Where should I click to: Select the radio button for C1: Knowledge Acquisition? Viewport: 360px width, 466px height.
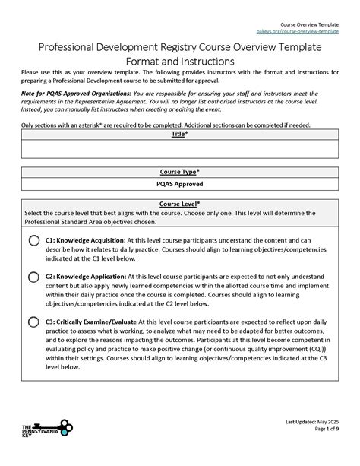pyautogui.click(x=34, y=241)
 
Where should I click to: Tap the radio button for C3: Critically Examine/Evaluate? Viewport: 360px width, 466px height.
pyautogui.click(x=34, y=322)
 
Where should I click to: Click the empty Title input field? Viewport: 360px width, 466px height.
pyautogui.click(x=180, y=149)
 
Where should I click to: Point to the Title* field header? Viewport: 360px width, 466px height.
pyautogui.click(x=180, y=134)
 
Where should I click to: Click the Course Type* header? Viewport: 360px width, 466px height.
pyautogui.click(x=180, y=172)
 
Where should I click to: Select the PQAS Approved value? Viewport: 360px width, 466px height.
pyautogui.click(x=180, y=184)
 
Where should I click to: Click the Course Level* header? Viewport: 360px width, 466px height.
pyautogui.click(x=180, y=204)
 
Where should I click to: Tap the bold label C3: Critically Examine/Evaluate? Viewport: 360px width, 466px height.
pyautogui.click(x=96, y=321)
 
